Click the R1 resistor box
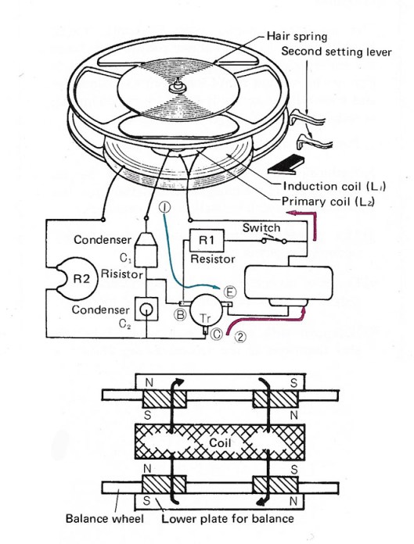pyautogui.click(x=207, y=240)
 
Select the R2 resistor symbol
pyautogui.click(x=77, y=278)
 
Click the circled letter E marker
pyautogui.click(x=229, y=292)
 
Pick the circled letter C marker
pyautogui.click(x=217, y=334)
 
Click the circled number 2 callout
pyautogui.click(x=240, y=336)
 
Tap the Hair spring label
pyautogui.click(x=297, y=36)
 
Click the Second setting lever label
pyautogui.click(x=337, y=52)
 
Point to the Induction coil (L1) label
pyautogui.click(x=334, y=186)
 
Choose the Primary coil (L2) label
pyautogui.click(x=328, y=202)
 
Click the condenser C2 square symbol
pyautogui.click(x=146, y=309)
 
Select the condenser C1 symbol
pyautogui.click(x=146, y=249)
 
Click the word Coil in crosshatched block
pyautogui.click(x=220, y=442)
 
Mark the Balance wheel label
pyautogui.click(x=105, y=519)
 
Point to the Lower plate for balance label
pyautogui.click(x=228, y=519)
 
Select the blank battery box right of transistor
pyautogui.click(x=289, y=283)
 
